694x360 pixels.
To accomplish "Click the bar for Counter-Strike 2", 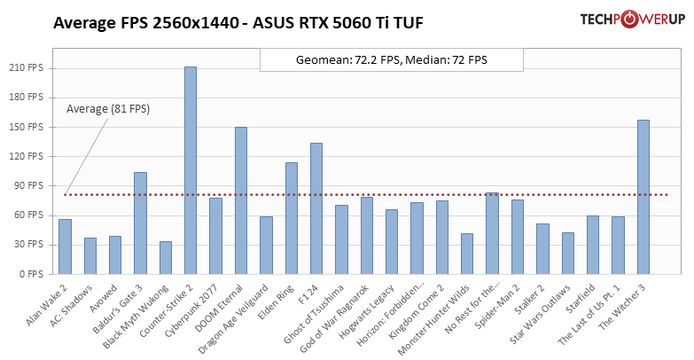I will pyautogui.click(x=191, y=170).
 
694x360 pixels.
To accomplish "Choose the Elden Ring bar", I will pyautogui.click(x=292, y=218).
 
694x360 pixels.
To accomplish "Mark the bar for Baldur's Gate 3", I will pyautogui.click(x=140, y=223).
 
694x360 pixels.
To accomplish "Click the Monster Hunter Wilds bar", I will pyautogui.click(x=467, y=254).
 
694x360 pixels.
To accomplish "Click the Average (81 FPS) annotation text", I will pyautogui.click(x=108, y=109).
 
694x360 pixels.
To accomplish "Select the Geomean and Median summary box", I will pyautogui.click(x=391, y=60).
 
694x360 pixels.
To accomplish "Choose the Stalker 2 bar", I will pyautogui.click(x=542, y=248).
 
